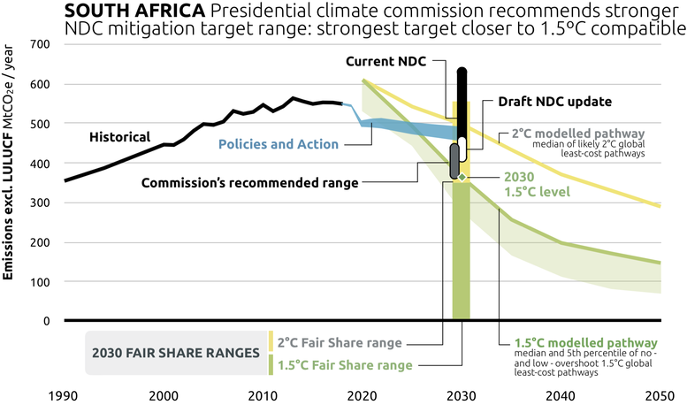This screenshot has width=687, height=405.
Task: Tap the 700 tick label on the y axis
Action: coord(40,45)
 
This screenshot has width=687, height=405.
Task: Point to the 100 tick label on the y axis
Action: coord(40,281)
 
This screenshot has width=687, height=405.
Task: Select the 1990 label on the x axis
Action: coord(65,394)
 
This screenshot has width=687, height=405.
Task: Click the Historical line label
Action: coord(120,137)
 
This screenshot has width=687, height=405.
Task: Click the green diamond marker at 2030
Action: coord(462,178)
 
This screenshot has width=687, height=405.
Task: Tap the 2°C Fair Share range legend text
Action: coord(340,342)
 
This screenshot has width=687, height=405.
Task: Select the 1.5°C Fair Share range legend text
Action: coord(344,364)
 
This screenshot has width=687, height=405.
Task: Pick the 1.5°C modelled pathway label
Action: coord(586,342)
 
